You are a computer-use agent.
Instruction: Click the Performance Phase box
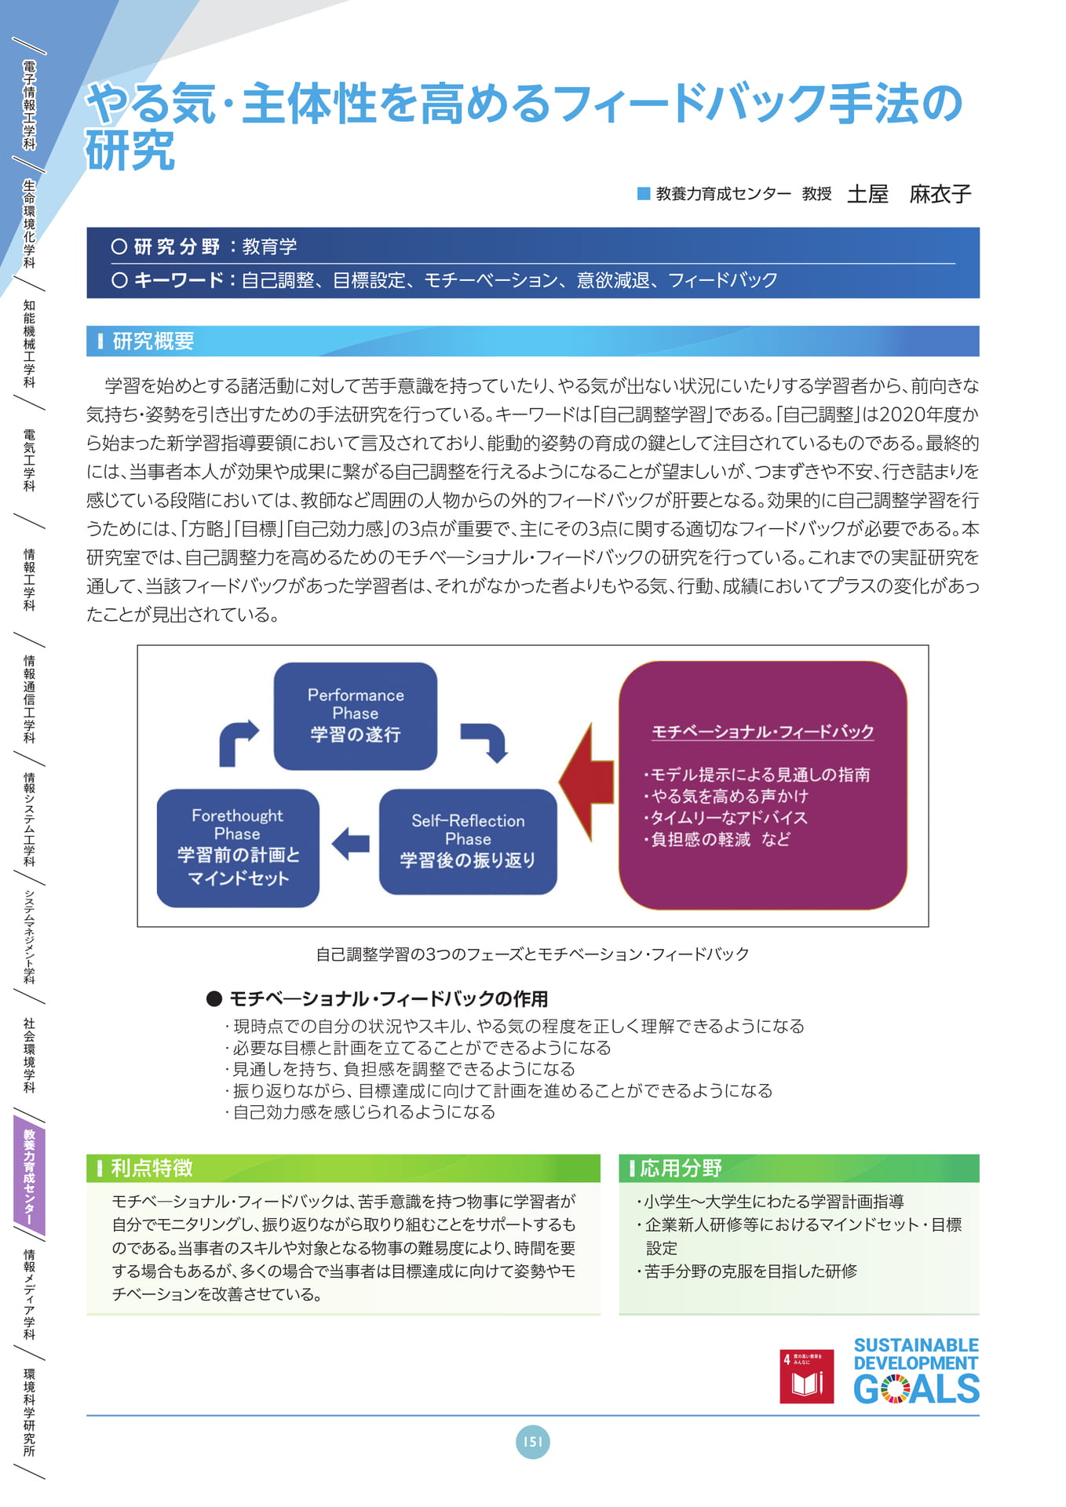pyautogui.click(x=355, y=716)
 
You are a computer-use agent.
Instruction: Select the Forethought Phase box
pyautogui.click(x=238, y=848)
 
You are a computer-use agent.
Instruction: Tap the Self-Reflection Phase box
pyautogui.click(x=468, y=841)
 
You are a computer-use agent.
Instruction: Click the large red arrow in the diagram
pyautogui.click(x=586, y=782)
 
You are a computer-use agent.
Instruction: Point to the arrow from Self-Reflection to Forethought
pyautogui.click(x=350, y=844)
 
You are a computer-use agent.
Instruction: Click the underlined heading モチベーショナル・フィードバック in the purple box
pyautogui.click(x=763, y=732)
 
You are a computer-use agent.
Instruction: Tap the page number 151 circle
pyautogui.click(x=533, y=1442)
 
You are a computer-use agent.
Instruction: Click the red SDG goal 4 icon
pyautogui.click(x=806, y=1376)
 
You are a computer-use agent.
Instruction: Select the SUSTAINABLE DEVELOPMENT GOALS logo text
pyautogui.click(x=916, y=1370)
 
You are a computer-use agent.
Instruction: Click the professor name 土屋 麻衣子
pyautogui.click(x=909, y=194)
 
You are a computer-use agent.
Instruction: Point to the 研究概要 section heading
pyautogui.click(x=153, y=341)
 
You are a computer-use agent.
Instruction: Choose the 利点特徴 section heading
pyautogui.click(x=152, y=1168)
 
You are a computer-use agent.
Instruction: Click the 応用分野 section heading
pyautogui.click(x=681, y=1168)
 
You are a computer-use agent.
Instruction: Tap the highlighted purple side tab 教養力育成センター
pyautogui.click(x=29, y=1177)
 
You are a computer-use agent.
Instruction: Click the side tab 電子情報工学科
pyautogui.click(x=29, y=105)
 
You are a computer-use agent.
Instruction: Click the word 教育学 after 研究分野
pyautogui.click(x=269, y=246)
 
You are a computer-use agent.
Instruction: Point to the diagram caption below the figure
pyautogui.click(x=532, y=954)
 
